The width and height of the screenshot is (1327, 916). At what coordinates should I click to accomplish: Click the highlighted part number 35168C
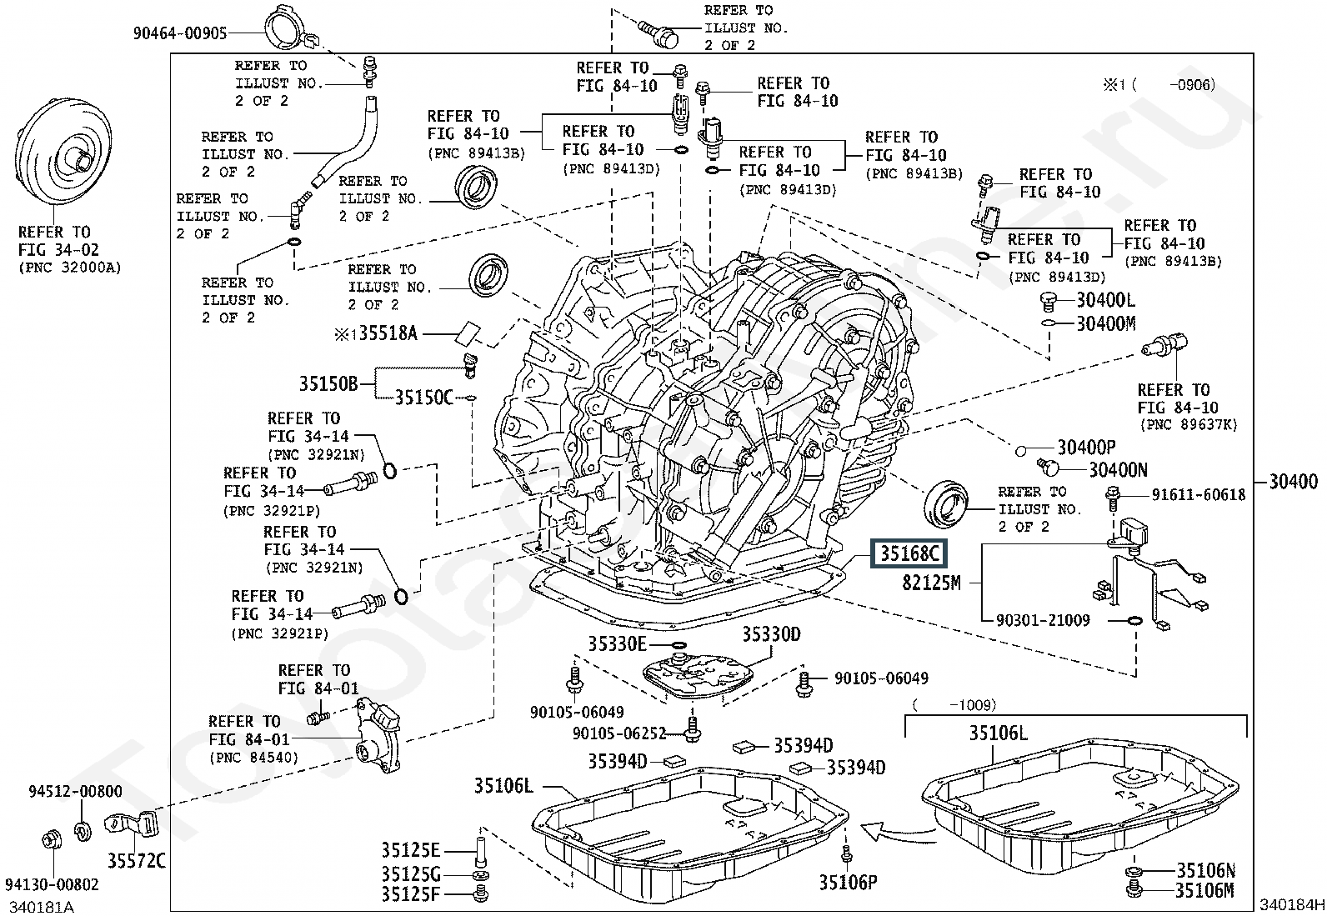(x=909, y=553)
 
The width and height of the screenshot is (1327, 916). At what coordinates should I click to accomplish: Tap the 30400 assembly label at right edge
(x=1293, y=481)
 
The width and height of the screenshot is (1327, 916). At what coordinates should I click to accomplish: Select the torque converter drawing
(x=62, y=153)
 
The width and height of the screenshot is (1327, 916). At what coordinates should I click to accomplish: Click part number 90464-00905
(x=180, y=33)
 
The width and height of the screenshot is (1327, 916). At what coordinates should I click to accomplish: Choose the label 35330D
(x=771, y=634)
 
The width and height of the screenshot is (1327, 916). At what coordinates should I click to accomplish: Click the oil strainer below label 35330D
(x=698, y=676)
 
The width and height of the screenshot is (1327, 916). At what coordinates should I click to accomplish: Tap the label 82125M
(x=931, y=583)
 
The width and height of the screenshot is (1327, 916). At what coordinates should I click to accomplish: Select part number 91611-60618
(x=1199, y=495)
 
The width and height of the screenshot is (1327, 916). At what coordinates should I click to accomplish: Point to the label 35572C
(x=136, y=860)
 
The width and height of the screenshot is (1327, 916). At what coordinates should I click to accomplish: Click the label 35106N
(x=1205, y=870)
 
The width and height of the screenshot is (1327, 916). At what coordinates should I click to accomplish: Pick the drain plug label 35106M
(x=1205, y=890)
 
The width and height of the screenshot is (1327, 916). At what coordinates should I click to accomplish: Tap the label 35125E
(x=411, y=851)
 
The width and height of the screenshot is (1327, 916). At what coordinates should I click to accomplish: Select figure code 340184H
(x=1291, y=904)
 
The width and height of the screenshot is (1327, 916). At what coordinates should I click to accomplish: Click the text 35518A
(x=388, y=333)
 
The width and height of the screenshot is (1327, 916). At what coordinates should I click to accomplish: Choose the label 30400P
(x=1086, y=448)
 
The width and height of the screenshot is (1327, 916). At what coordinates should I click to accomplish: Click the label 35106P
(x=848, y=883)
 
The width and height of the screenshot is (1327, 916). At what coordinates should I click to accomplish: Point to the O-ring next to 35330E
(x=679, y=644)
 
